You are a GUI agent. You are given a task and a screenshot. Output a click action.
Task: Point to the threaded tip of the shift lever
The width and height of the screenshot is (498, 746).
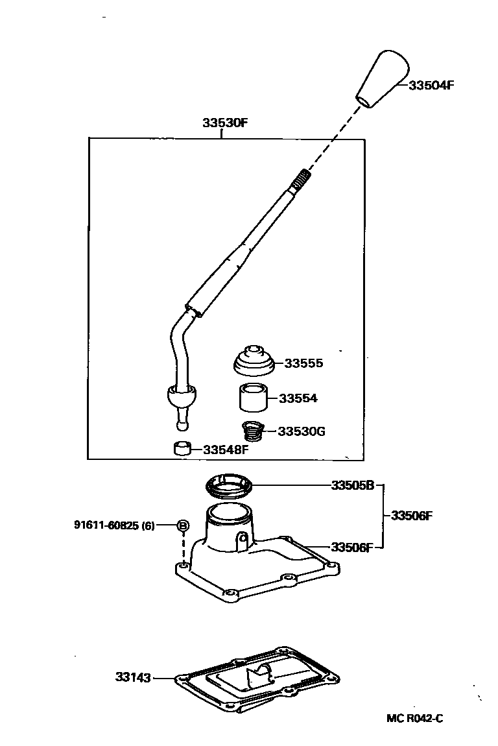coord(302,176)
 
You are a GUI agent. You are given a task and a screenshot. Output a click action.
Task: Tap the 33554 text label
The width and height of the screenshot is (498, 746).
coord(298,398)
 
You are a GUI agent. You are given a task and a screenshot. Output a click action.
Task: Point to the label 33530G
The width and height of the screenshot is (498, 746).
coord(301,431)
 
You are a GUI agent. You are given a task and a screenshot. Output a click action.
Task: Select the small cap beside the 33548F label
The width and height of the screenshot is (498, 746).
coord(182,448)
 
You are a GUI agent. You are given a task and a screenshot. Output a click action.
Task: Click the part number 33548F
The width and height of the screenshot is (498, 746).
coord(225,449)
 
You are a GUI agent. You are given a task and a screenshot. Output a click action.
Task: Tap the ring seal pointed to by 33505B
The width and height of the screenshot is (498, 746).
coord(228,485)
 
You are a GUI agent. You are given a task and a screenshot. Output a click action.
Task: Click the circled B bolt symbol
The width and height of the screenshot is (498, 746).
coord(183,525)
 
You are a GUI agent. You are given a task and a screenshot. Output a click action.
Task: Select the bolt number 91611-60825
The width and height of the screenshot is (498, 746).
coord(106,525)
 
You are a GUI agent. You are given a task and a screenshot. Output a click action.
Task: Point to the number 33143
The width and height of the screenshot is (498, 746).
coord(133,677)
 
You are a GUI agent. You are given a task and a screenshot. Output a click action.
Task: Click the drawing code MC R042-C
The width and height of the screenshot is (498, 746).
coord(414,718)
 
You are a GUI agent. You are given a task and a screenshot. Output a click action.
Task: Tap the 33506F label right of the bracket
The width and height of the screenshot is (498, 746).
coord(411,516)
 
